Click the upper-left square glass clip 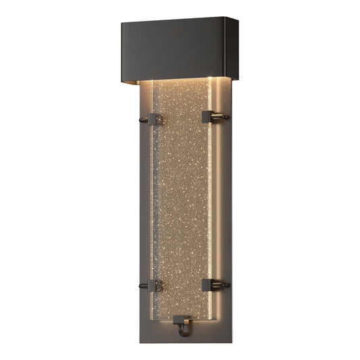click(x=154, y=120)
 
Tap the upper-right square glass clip click(x=208, y=117)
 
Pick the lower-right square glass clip click(x=207, y=284)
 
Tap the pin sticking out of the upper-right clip click(x=220, y=117)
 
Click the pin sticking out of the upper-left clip click(x=143, y=122)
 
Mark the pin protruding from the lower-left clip click(x=143, y=286)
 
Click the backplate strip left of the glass click(x=144, y=203)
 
